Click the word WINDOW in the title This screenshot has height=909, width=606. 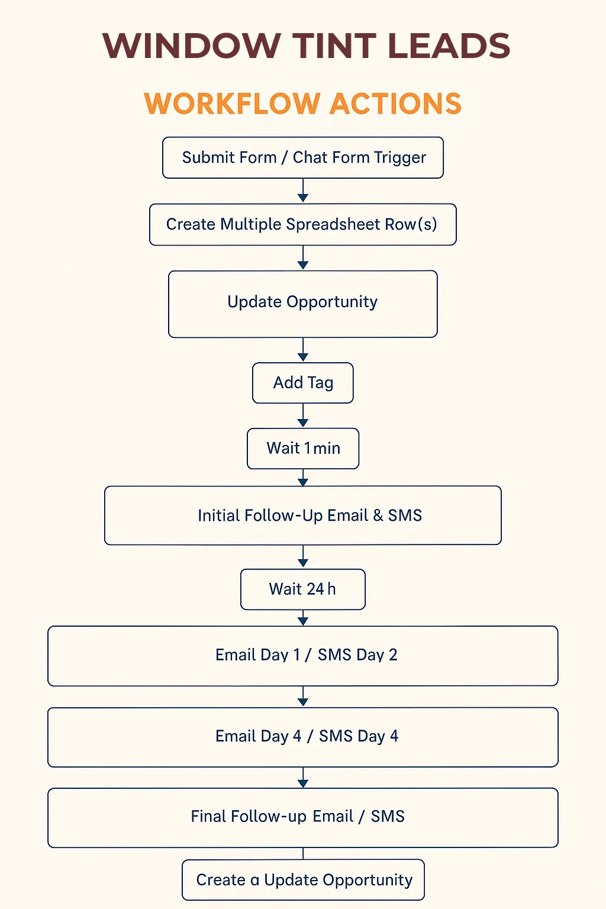pos(192,46)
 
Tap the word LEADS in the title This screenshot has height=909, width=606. pos(449,46)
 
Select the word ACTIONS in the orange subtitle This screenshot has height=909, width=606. pos(395,104)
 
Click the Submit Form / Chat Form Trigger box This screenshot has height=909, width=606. pos(303,157)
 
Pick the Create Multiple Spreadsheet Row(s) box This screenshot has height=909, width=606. pos(303,224)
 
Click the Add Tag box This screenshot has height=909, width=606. pos(303,383)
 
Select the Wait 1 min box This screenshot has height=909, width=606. pos(303,449)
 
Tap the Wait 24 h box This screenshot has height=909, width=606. pos(303,589)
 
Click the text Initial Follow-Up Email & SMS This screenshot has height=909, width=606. pos(310,515)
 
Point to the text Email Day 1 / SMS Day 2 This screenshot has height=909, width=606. pos(306,655)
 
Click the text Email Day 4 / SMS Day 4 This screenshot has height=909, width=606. pos(307,736)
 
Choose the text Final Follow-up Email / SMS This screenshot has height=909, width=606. pos(298,816)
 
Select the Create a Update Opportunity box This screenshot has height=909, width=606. pos(303,880)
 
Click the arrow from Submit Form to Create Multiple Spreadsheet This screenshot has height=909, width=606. pos(303,191)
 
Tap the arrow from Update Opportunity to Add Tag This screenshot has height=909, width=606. pos(303,349)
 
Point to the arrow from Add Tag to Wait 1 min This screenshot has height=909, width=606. pos(303,415)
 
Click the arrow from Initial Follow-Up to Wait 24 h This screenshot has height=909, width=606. pos(303,556)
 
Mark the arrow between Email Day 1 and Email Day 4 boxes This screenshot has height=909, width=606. pos(303,697)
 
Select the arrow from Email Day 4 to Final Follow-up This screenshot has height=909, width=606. pos(303,778)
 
